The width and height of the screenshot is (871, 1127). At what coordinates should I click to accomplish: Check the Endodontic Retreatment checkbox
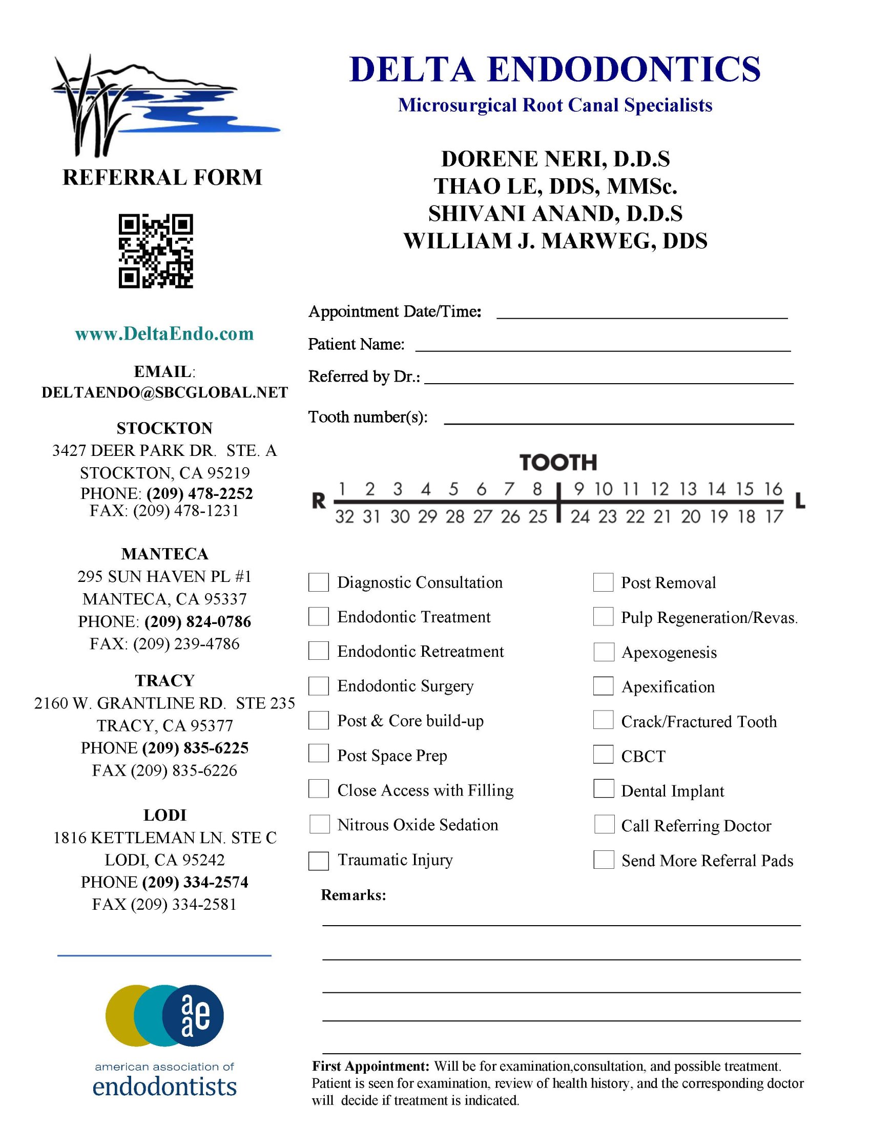pyautogui.click(x=318, y=651)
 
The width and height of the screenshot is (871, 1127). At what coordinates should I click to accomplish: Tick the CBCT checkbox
pyautogui.click(x=603, y=755)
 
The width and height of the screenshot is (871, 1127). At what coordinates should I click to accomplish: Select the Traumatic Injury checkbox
pyautogui.click(x=318, y=860)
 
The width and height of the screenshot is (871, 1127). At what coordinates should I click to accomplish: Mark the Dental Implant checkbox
pyautogui.click(x=603, y=789)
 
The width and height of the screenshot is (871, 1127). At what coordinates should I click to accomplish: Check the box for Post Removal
pyautogui.click(x=603, y=582)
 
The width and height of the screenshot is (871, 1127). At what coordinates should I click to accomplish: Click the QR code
pyautogui.click(x=156, y=251)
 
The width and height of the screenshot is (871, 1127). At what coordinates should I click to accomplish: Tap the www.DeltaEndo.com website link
pyautogui.click(x=164, y=334)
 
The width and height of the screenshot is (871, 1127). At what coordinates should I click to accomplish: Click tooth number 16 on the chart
pyautogui.click(x=773, y=489)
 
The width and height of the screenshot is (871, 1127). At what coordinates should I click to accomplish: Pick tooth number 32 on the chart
pyautogui.click(x=344, y=516)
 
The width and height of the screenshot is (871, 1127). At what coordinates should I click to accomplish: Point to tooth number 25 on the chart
pyautogui.click(x=537, y=516)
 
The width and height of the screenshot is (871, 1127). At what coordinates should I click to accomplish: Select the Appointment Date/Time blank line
pyautogui.click(x=642, y=314)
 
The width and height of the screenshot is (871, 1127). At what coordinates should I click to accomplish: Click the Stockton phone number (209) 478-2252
pyautogui.click(x=200, y=493)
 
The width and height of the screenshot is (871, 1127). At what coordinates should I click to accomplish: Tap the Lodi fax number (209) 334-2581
pyautogui.click(x=183, y=904)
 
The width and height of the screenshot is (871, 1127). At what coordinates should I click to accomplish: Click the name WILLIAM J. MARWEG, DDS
pyautogui.click(x=555, y=241)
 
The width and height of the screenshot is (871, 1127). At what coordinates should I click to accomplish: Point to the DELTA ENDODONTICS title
pyautogui.click(x=555, y=69)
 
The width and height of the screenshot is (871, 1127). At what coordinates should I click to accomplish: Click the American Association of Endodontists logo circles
pyautogui.click(x=164, y=1016)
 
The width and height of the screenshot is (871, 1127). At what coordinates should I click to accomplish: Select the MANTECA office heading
pyautogui.click(x=164, y=554)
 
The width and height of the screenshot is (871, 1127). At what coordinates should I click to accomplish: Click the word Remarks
pyautogui.click(x=354, y=895)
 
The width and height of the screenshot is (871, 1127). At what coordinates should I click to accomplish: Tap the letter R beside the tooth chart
pyautogui.click(x=319, y=501)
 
